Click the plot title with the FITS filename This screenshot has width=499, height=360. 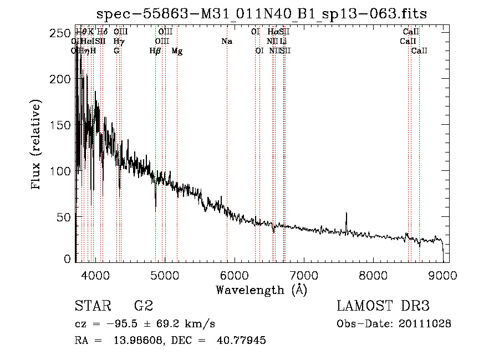pyautogui.click(x=262, y=14)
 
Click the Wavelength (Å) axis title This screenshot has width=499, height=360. pyautogui.click(x=261, y=290)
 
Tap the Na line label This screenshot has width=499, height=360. pyautogui.click(x=226, y=41)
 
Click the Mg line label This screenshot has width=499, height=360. pyautogui.click(x=177, y=51)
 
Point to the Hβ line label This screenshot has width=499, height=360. pyautogui.click(x=155, y=51)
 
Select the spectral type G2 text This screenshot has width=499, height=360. pyautogui.click(x=143, y=306)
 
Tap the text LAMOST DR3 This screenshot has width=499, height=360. pyautogui.click(x=383, y=306)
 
